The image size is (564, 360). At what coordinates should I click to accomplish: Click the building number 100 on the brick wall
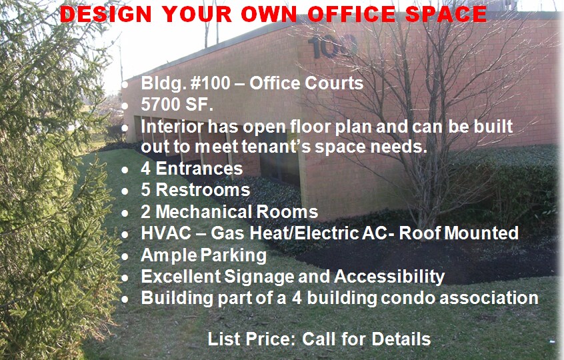click(x=333, y=47)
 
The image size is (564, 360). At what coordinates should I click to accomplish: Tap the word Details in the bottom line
click(x=401, y=338)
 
